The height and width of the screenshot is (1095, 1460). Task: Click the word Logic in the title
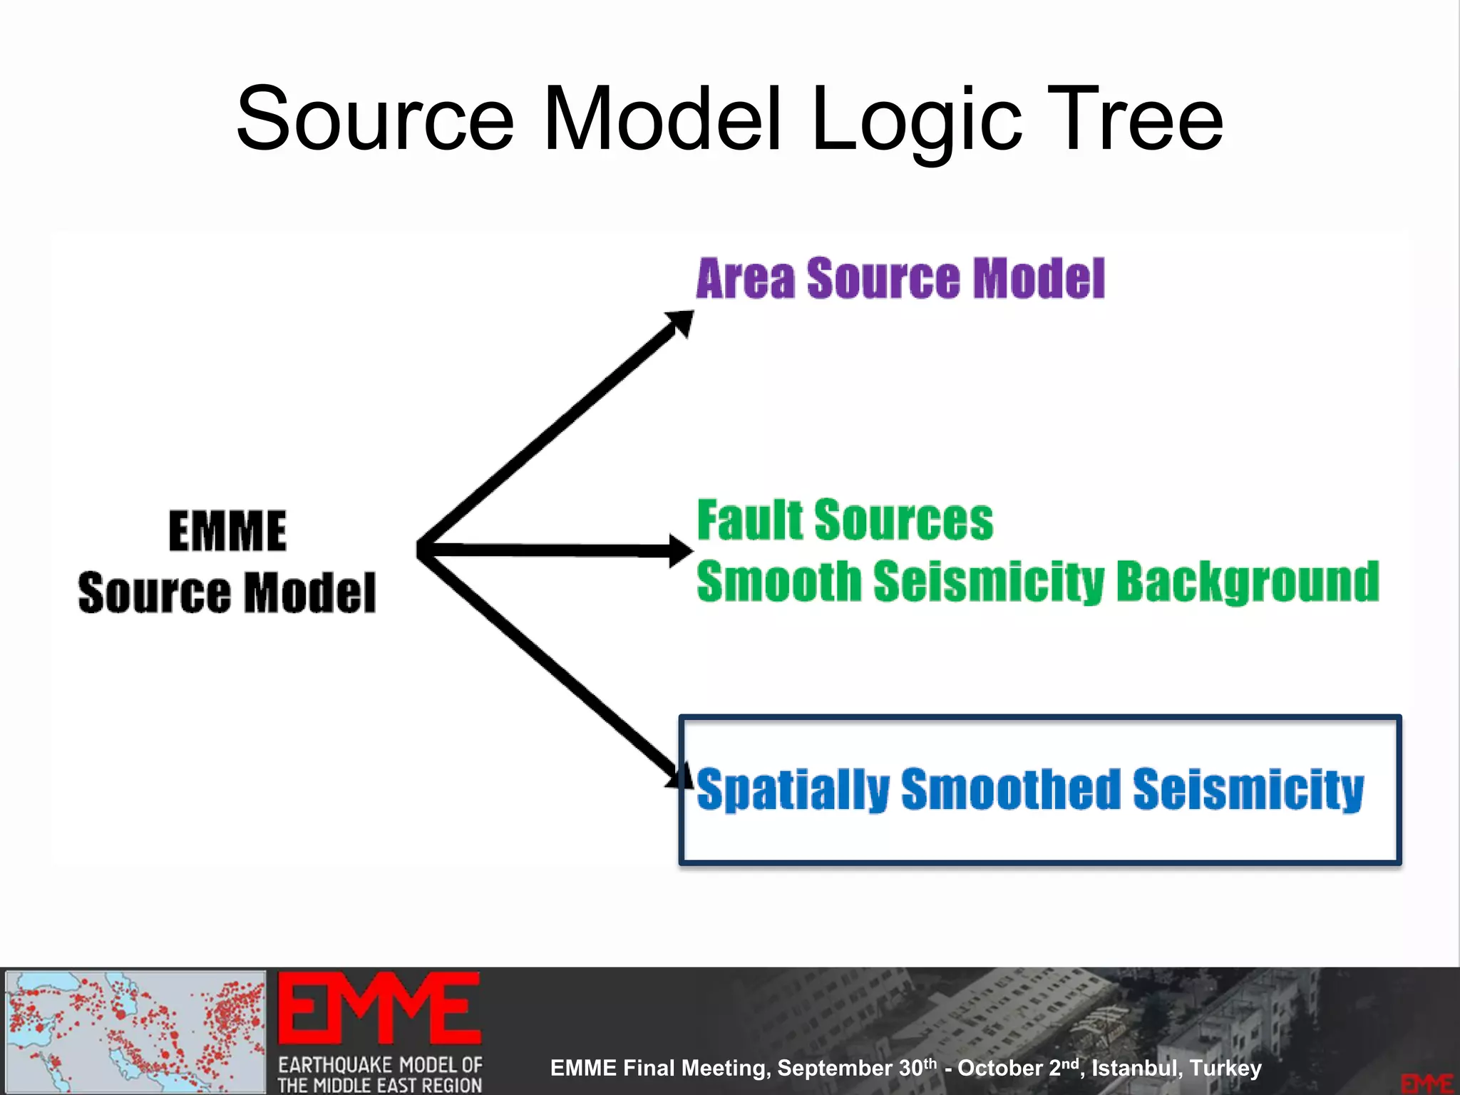[917, 121]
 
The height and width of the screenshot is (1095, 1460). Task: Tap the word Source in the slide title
[375, 120]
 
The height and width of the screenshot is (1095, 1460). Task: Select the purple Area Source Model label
[900, 278]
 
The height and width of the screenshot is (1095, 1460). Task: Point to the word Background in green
[1248, 582]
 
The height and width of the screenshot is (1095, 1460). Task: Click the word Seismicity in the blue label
[1248, 789]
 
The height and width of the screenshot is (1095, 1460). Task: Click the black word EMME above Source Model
[227, 531]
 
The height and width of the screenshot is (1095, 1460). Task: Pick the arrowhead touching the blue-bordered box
[679, 775]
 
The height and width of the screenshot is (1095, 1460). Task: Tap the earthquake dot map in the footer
[135, 1031]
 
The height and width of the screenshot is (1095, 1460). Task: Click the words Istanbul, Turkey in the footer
[1176, 1068]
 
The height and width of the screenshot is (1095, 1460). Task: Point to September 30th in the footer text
[856, 1068]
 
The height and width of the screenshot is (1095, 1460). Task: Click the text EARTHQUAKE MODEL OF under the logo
[379, 1065]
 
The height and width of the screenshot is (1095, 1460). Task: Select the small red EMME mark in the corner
[1426, 1084]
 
